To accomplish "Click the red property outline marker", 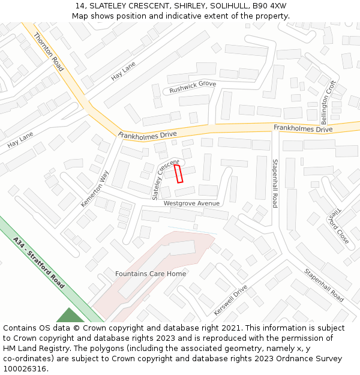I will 178,173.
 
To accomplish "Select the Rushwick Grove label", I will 192,87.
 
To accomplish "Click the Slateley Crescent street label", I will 165,179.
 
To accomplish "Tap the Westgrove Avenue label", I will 191,203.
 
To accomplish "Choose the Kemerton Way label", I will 95,188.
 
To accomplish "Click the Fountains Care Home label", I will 151,274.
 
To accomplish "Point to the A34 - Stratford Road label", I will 39,263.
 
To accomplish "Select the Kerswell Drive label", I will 230,300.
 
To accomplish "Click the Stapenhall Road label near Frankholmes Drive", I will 275,183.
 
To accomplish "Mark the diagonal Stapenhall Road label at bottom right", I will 323,285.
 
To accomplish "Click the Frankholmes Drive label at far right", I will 303,128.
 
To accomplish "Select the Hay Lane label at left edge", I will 20,140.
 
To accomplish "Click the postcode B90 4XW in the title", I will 269,6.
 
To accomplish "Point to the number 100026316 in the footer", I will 23,368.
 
